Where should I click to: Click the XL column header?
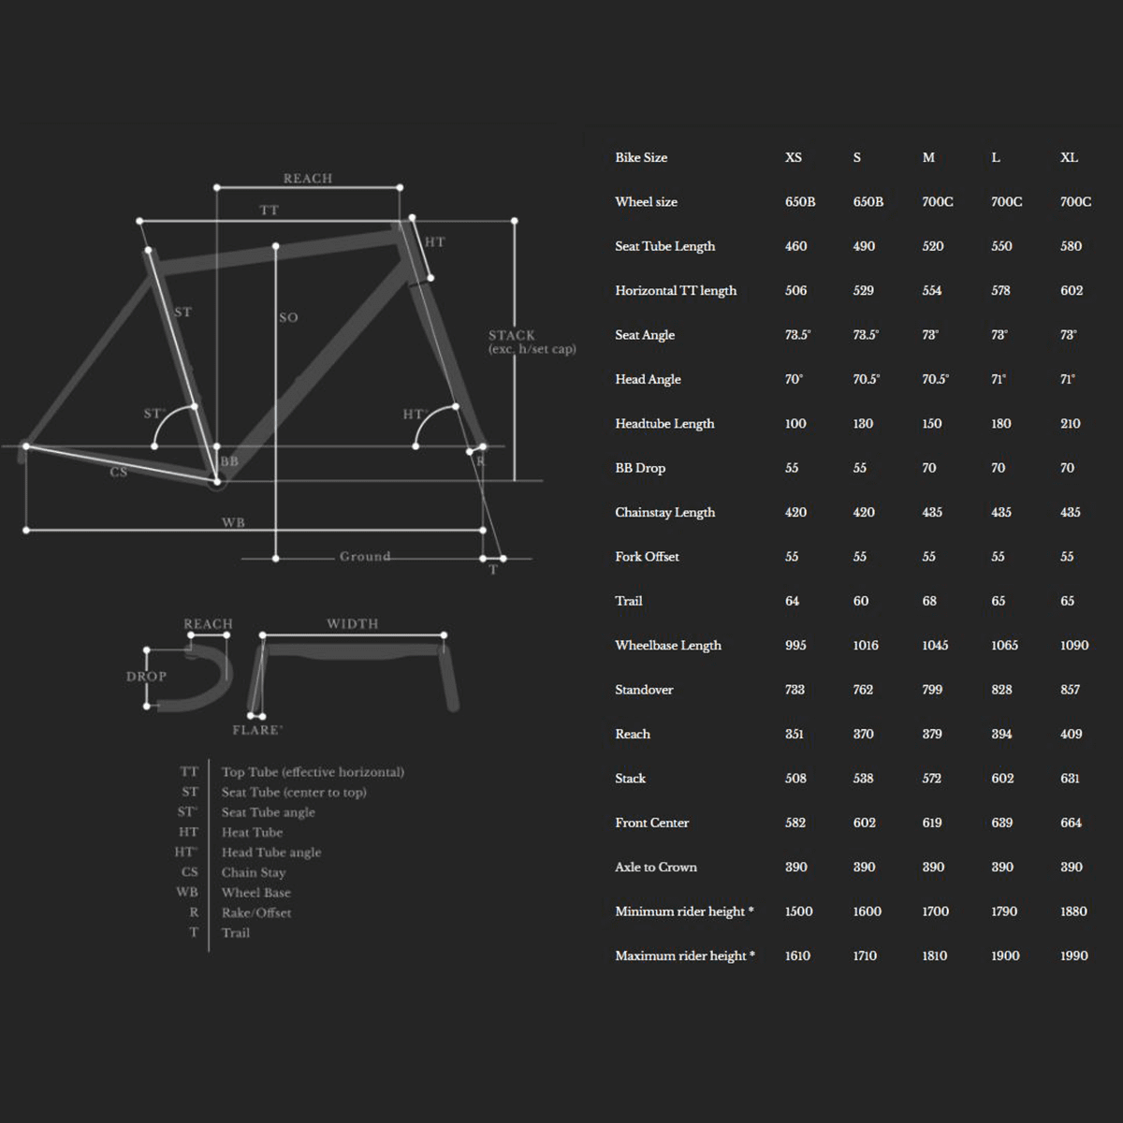coord(1069,157)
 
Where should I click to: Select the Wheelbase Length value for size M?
coord(935,645)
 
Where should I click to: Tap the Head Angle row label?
coord(648,379)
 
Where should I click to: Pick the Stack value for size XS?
coord(795,778)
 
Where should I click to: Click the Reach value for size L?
coord(1001,734)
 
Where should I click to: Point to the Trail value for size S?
coord(861,601)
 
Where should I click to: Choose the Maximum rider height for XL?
coord(1074,955)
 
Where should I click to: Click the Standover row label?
coord(644,690)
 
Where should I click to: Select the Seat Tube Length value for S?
coord(864,246)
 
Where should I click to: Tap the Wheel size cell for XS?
coord(800,201)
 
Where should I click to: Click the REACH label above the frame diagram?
coord(308,178)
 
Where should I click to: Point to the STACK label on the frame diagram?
coord(512,335)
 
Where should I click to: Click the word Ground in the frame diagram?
coord(365,556)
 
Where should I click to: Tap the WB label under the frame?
coord(233,522)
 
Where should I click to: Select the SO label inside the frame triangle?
coord(288,317)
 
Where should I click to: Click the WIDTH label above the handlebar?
coord(352,623)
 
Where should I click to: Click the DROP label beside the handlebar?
coord(146,676)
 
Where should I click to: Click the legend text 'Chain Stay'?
coord(254,872)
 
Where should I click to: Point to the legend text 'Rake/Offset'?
coord(256,912)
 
